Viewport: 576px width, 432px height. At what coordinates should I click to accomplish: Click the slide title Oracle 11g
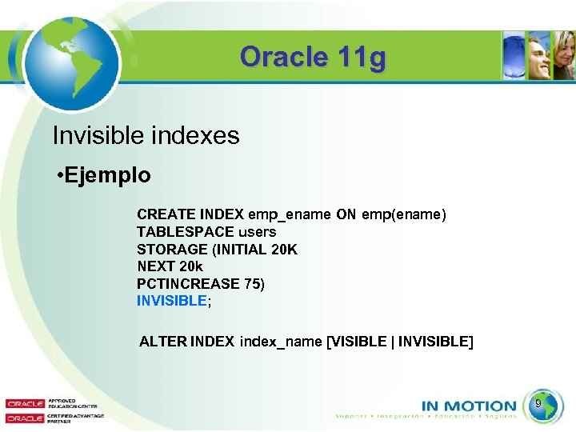tap(312, 57)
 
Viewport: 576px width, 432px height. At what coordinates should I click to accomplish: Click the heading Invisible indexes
tap(146, 135)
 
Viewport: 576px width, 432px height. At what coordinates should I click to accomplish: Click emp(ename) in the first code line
tap(404, 214)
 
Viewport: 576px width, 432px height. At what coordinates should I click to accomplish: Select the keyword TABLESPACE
tap(180, 232)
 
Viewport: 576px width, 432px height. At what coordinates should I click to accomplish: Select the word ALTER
tap(162, 342)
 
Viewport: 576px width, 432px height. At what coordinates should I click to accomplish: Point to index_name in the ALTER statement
tap(281, 342)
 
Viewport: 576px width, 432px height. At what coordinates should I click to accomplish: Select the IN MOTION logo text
tap(468, 406)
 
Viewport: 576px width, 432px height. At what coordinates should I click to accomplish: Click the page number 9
tap(538, 403)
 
